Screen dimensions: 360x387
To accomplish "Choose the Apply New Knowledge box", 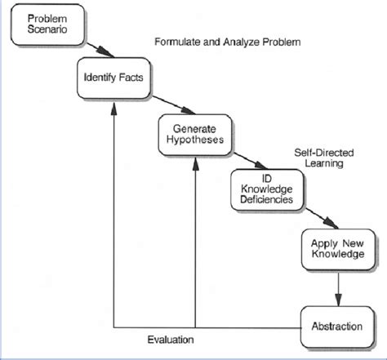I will (x=337, y=248).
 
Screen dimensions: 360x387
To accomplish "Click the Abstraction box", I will (x=337, y=327).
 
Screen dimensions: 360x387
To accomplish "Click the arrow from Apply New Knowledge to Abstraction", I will (x=337, y=287).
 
